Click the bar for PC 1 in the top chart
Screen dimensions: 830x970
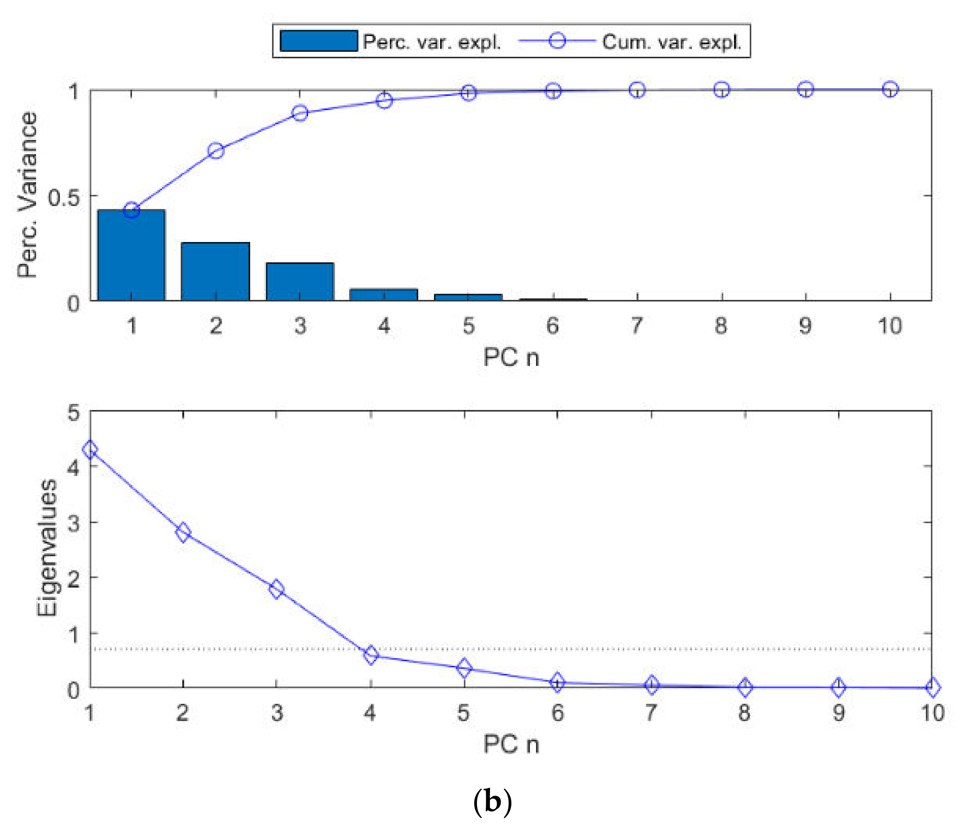(x=131, y=255)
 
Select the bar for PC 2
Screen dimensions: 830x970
(x=215, y=272)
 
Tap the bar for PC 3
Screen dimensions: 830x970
(x=300, y=282)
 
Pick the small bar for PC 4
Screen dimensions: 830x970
(x=384, y=295)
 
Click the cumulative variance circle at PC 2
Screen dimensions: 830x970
(x=216, y=151)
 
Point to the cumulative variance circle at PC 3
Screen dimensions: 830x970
(x=300, y=113)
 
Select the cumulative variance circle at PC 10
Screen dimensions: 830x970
(x=890, y=89)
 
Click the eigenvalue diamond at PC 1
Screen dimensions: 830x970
(x=90, y=450)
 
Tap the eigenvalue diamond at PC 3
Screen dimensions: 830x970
(x=277, y=589)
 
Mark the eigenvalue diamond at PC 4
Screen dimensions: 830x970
(x=371, y=655)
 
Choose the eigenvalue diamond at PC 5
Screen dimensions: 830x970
(x=464, y=668)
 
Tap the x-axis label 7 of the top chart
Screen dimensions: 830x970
(x=637, y=326)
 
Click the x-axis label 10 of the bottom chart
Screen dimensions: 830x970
(x=932, y=713)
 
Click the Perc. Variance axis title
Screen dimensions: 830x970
(x=27, y=194)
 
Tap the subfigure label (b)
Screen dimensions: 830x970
(x=493, y=802)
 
